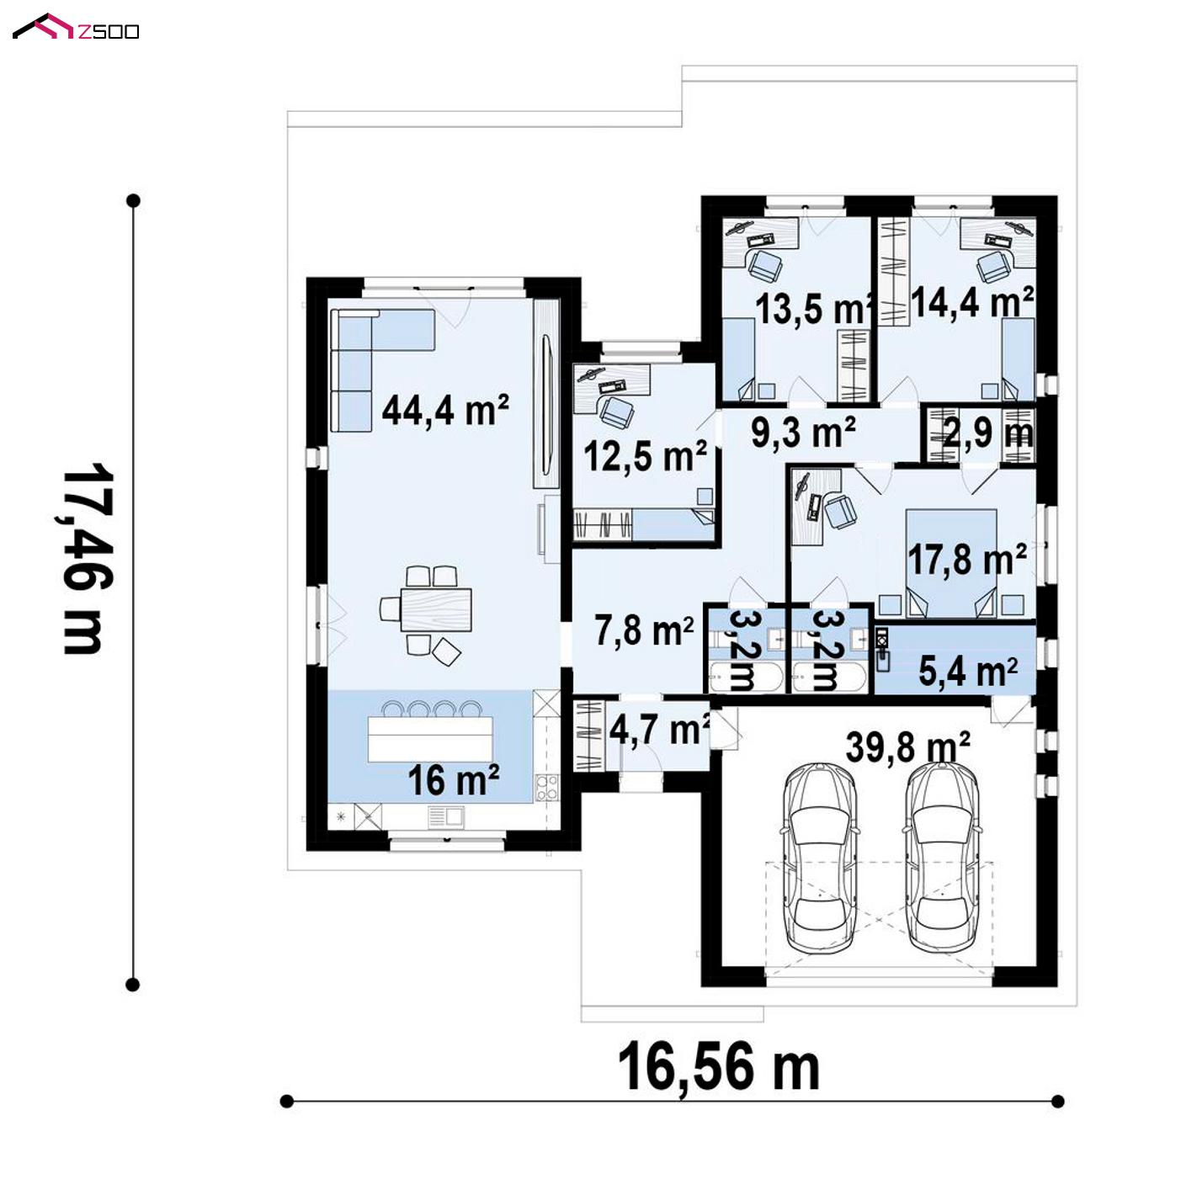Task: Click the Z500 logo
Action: tap(76, 28)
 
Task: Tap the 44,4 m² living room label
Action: tap(445, 410)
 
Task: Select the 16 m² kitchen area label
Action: tap(454, 780)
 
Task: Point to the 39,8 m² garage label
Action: tap(907, 747)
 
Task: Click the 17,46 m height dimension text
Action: tap(82, 559)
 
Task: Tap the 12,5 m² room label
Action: tap(646, 457)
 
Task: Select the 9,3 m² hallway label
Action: tap(803, 432)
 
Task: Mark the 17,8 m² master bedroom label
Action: tap(967, 559)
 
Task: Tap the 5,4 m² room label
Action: tap(968, 672)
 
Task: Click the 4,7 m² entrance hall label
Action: tap(659, 730)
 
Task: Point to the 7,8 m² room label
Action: tap(645, 630)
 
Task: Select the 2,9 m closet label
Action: tap(988, 433)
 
